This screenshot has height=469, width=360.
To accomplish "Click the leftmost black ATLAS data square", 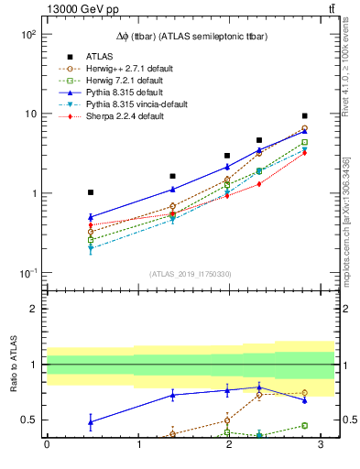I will (91, 192).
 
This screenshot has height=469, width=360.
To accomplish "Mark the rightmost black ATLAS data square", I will (304, 116).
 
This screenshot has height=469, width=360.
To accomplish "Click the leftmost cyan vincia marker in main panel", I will (91, 248).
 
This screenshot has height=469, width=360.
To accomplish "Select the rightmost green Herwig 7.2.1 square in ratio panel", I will (304, 425).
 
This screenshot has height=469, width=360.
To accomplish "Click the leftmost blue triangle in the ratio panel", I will (91, 421).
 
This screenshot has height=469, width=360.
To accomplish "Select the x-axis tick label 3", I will (321, 445).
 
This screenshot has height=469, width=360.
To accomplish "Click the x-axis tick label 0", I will (47, 445).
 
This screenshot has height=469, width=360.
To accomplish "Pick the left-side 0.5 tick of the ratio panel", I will (29, 420).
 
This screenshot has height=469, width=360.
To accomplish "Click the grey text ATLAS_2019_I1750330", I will (190, 274).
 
